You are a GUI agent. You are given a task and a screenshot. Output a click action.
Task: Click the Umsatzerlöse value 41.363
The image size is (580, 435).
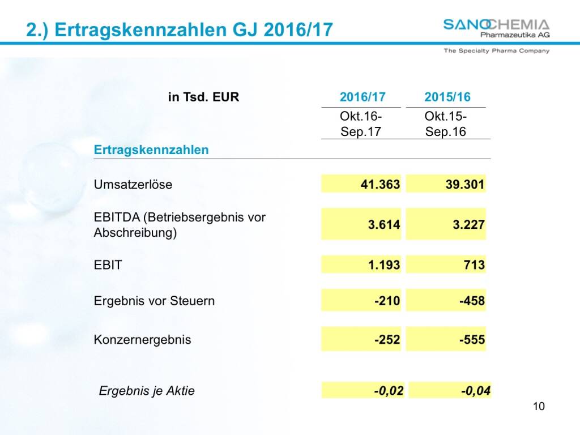(x=380, y=185)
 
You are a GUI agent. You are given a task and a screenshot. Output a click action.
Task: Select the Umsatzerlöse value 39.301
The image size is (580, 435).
(x=465, y=185)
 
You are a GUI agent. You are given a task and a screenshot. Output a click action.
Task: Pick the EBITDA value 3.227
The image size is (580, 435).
(x=468, y=225)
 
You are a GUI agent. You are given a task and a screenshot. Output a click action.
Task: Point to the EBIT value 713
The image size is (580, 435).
(x=474, y=265)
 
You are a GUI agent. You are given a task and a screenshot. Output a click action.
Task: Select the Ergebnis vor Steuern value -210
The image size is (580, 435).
(x=387, y=301)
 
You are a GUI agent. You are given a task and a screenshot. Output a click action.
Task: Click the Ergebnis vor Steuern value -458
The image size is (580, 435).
(x=472, y=301)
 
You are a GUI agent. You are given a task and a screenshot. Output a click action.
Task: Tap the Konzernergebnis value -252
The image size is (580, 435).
(x=387, y=340)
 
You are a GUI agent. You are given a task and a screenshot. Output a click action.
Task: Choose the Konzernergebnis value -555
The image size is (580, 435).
(x=472, y=340)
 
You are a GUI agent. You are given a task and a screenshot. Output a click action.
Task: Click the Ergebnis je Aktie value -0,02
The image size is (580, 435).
(x=389, y=391)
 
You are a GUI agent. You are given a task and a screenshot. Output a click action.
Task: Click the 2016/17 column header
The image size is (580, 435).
(x=362, y=97)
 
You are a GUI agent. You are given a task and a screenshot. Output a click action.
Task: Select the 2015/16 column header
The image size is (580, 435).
(x=447, y=97)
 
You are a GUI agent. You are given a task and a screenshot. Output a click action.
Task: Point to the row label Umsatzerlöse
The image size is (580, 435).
(x=133, y=185)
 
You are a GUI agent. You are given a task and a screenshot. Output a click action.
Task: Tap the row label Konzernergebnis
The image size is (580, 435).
(x=142, y=340)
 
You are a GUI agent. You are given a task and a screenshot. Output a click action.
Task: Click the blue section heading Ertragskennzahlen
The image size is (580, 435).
(x=151, y=150)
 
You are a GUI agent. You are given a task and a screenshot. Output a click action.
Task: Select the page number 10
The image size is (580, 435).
(x=539, y=406)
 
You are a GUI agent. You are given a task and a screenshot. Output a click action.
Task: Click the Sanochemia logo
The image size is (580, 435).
(x=496, y=28)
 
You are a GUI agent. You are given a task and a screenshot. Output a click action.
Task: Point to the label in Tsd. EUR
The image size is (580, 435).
(x=204, y=97)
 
